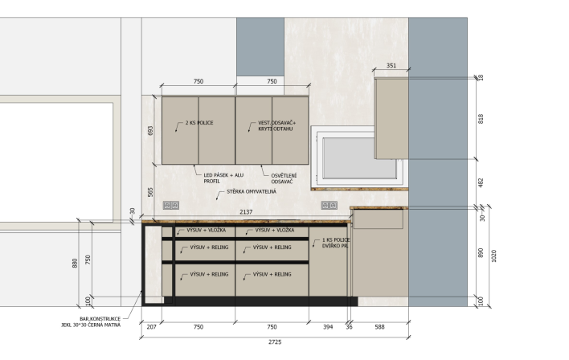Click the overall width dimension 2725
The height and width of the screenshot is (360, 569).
[x=275, y=342]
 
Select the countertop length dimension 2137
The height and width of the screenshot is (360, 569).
[x=246, y=212]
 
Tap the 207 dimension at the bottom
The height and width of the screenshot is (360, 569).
[x=151, y=327]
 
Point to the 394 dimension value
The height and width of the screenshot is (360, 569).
[x=328, y=327]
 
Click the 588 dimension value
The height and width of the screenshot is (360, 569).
[x=379, y=327]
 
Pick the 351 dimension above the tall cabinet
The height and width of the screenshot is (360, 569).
[x=391, y=66]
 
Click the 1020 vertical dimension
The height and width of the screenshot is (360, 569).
[x=493, y=256]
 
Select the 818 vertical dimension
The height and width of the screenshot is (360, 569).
[x=481, y=119]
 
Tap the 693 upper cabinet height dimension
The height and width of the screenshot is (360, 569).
[x=150, y=131]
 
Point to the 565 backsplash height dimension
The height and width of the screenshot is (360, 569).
[x=150, y=192]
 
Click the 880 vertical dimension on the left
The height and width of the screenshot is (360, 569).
[x=75, y=263]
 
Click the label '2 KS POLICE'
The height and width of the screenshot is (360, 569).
[x=199, y=123]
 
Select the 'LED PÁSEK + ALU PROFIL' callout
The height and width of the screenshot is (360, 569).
[x=223, y=178]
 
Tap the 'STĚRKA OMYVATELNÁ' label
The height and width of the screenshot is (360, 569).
[x=252, y=191]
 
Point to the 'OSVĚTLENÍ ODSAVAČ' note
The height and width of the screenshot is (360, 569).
[x=284, y=178]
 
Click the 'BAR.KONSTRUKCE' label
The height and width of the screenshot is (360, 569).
[x=100, y=319]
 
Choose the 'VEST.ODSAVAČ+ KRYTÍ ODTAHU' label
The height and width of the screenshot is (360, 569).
[x=277, y=126]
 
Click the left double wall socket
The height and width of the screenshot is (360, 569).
[x=171, y=206]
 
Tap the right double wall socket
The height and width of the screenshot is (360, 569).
[x=330, y=206]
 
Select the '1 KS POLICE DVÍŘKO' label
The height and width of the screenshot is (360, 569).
[x=336, y=243]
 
